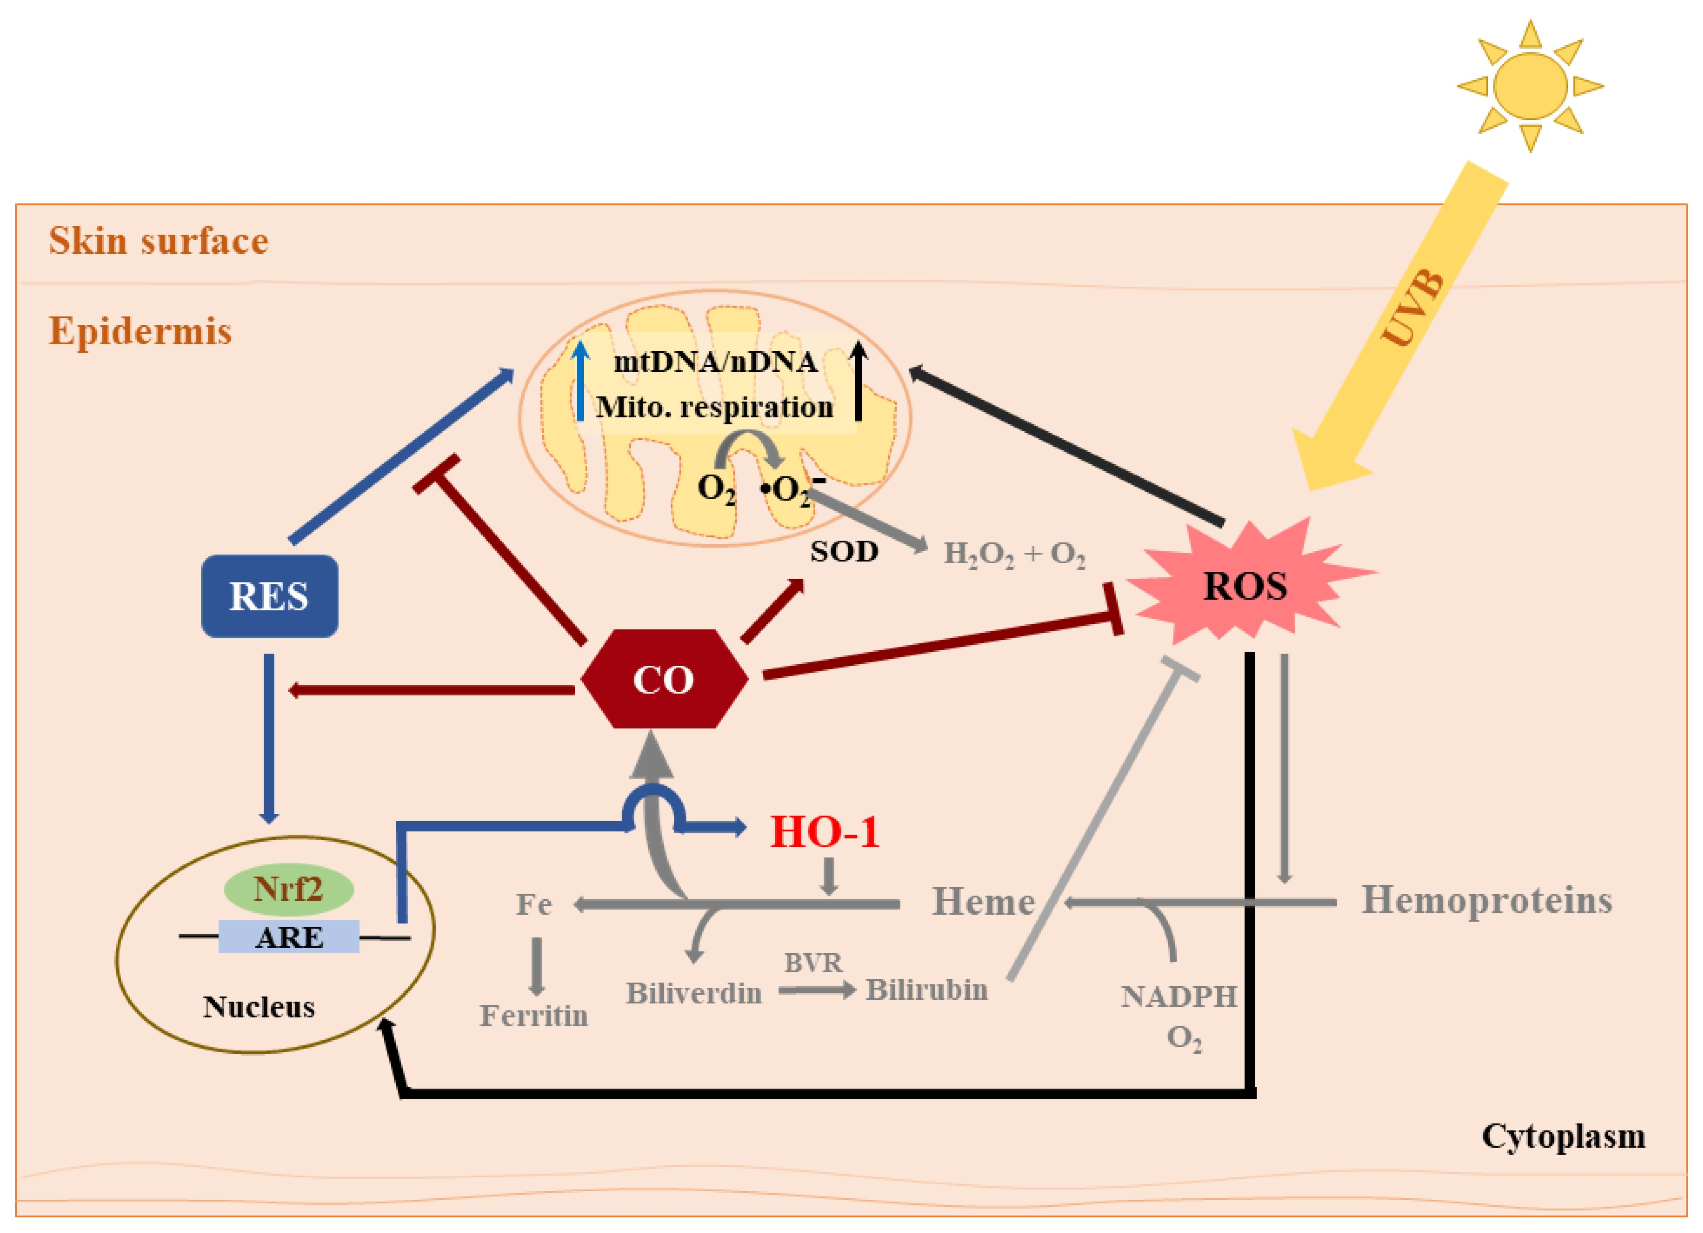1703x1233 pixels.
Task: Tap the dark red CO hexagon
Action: pyautogui.click(x=664, y=679)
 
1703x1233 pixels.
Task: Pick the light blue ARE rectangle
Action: pyautogui.click(x=288, y=937)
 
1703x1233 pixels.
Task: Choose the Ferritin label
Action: pyautogui.click(x=534, y=1016)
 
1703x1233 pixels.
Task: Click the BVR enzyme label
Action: pyautogui.click(x=813, y=963)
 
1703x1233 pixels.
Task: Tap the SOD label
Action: pyautogui.click(x=844, y=552)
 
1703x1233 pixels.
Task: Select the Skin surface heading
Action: pyautogui.click(x=158, y=241)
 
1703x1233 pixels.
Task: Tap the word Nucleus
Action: pyautogui.click(x=259, y=1007)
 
